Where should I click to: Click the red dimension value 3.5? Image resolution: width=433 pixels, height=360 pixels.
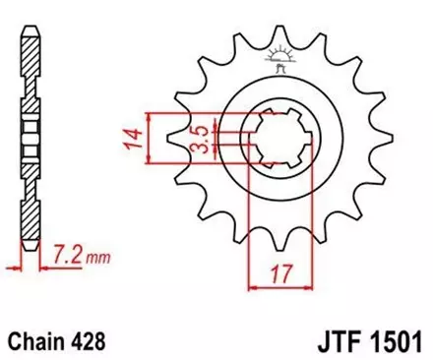pyautogui.click(x=199, y=136)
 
